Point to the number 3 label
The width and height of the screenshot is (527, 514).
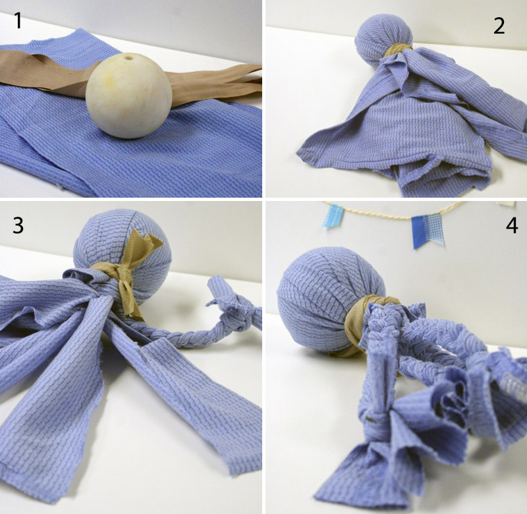[18, 225]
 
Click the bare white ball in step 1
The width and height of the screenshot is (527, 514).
[129, 96]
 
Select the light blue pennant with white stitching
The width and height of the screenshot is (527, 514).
[333, 216]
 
